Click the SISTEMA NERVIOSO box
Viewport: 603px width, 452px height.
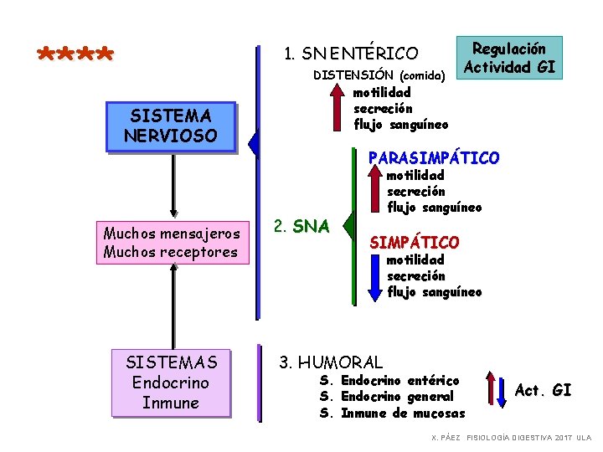[170, 126]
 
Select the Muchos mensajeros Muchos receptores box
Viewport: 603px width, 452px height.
[171, 242]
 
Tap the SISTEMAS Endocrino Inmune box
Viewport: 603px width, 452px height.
[171, 383]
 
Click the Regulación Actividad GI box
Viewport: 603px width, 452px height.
[510, 58]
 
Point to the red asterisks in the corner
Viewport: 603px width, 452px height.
[75, 56]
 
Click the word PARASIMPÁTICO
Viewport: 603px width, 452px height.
[434, 157]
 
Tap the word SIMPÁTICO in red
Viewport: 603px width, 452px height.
[415, 242]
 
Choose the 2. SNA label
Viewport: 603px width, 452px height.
[301, 226]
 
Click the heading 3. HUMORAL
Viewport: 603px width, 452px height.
[330, 362]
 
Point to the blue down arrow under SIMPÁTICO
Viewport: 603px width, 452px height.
[376, 277]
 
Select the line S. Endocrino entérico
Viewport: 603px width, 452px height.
[389, 381]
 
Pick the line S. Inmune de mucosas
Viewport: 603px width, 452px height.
[393, 413]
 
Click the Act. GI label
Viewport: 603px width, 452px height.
[543, 390]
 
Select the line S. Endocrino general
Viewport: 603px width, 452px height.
[386, 397]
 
